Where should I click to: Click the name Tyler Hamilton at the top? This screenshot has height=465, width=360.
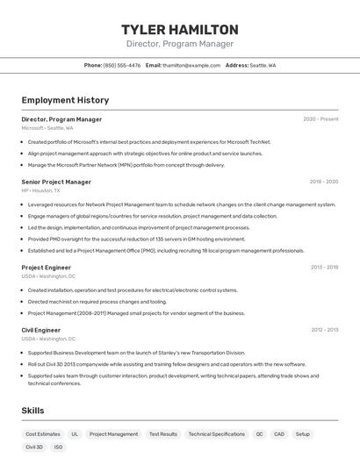pyautogui.click(x=179, y=30)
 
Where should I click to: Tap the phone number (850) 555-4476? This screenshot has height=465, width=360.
pyautogui.click(x=122, y=65)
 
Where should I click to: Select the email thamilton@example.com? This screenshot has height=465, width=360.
pyautogui.click(x=191, y=65)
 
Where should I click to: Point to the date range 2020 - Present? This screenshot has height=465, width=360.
pyautogui.click(x=320, y=119)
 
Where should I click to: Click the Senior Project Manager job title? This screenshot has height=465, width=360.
pyautogui.click(x=56, y=182)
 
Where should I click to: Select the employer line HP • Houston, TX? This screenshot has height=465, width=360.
pyautogui.click(x=41, y=190)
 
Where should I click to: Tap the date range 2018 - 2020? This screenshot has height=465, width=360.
pyautogui.click(x=323, y=182)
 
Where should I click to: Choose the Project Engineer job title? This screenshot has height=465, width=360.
pyautogui.click(x=47, y=268)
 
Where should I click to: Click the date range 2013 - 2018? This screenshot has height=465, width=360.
pyautogui.click(x=324, y=268)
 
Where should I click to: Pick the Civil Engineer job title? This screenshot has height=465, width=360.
pyautogui.click(x=40, y=330)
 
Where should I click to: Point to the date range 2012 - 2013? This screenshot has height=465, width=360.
pyautogui.click(x=324, y=330)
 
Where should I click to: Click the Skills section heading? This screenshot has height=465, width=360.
pyautogui.click(x=32, y=411)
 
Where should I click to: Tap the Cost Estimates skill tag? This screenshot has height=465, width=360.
pyautogui.click(x=43, y=434)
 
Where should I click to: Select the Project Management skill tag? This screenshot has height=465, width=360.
pyautogui.click(x=113, y=434)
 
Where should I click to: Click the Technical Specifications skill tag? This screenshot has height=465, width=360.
pyautogui.click(x=216, y=434)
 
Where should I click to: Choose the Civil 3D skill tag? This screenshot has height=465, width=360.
pyautogui.click(x=34, y=447)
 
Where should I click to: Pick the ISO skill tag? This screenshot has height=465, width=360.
pyautogui.click(x=59, y=447)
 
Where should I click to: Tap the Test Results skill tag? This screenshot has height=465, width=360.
pyautogui.click(x=162, y=434)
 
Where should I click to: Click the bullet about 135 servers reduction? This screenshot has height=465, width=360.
pyautogui.click(x=136, y=239)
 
